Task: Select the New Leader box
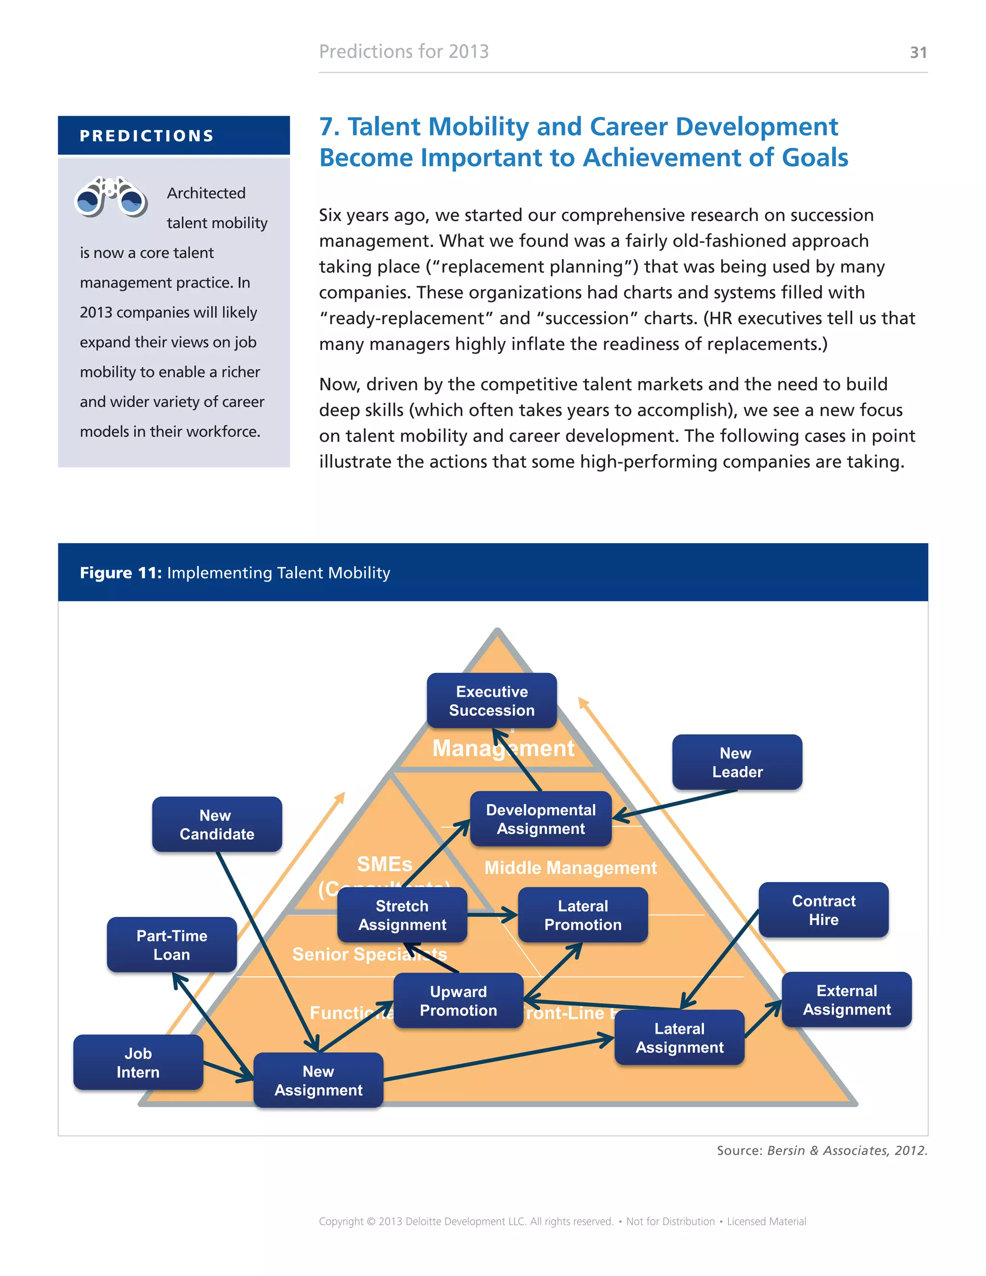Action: click(x=737, y=762)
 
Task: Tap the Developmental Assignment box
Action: click(x=540, y=819)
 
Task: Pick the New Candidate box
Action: click(x=217, y=824)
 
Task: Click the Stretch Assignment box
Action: click(x=402, y=915)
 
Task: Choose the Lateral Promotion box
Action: click(x=583, y=915)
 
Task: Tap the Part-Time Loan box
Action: click(x=172, y=945)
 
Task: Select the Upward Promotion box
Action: click(x=458, y=1001)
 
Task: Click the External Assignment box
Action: click(x=846, y=1000)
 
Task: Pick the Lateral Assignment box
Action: click(x=679, y=1038)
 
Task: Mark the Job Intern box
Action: click(x=138, y=1062)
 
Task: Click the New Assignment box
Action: click(x=318, y=1081)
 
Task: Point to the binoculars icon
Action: click(x=111, y=196)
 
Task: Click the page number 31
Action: click(x=918, y=52)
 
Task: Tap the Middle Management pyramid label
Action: click(x=570, y=868)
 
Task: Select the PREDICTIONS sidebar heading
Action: click(x=147, y=136)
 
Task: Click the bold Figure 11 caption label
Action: click(x=121, y=573)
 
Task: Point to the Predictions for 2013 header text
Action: click(x=403, y=52)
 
